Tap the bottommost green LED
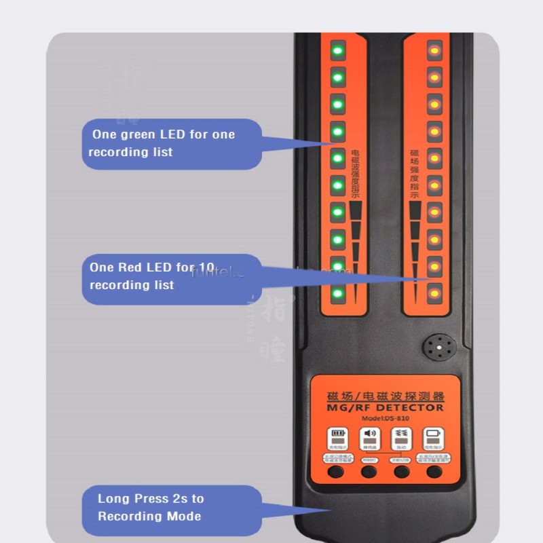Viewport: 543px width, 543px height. [x=337, y=294]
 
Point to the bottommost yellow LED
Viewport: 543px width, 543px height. [x=434, y=294]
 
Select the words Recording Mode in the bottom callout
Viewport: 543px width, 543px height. [x=149, y=517]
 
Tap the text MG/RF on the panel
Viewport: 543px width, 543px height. [x=343, y=407]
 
